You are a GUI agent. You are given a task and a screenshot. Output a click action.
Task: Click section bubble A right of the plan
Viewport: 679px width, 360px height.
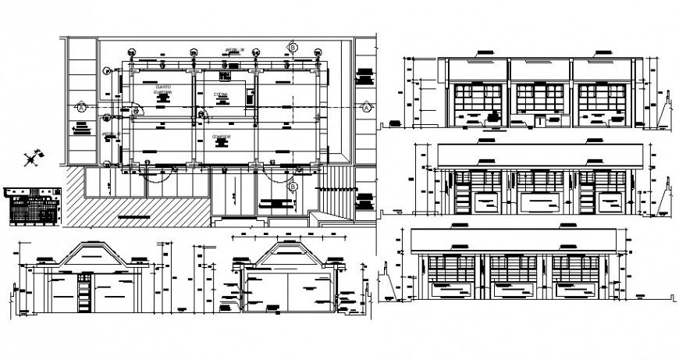click(364, 107)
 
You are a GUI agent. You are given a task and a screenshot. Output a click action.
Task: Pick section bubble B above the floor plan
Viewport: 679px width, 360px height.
click(293, 48)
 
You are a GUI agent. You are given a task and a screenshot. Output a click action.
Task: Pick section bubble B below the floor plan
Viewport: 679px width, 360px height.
click(293, 187)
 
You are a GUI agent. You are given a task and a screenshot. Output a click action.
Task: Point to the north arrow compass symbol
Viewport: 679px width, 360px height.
click(31, 159)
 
